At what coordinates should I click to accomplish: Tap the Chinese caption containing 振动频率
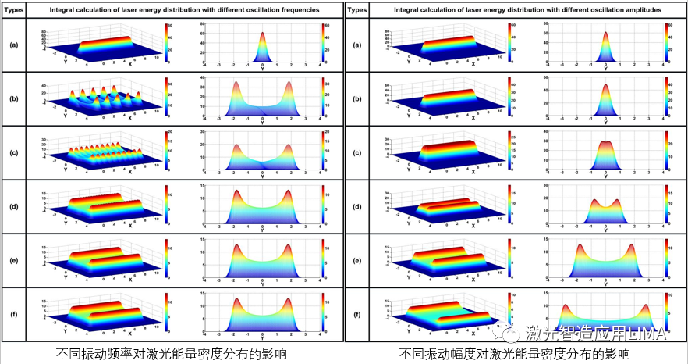pos(172,354)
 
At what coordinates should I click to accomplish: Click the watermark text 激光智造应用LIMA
pos(595,334)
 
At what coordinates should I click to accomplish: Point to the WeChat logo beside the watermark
pos(514,334)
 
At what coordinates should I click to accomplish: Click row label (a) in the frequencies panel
pos(13,45)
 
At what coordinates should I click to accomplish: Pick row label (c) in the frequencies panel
pos(13,152)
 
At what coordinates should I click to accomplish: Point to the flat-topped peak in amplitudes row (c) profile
pos(606,145)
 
